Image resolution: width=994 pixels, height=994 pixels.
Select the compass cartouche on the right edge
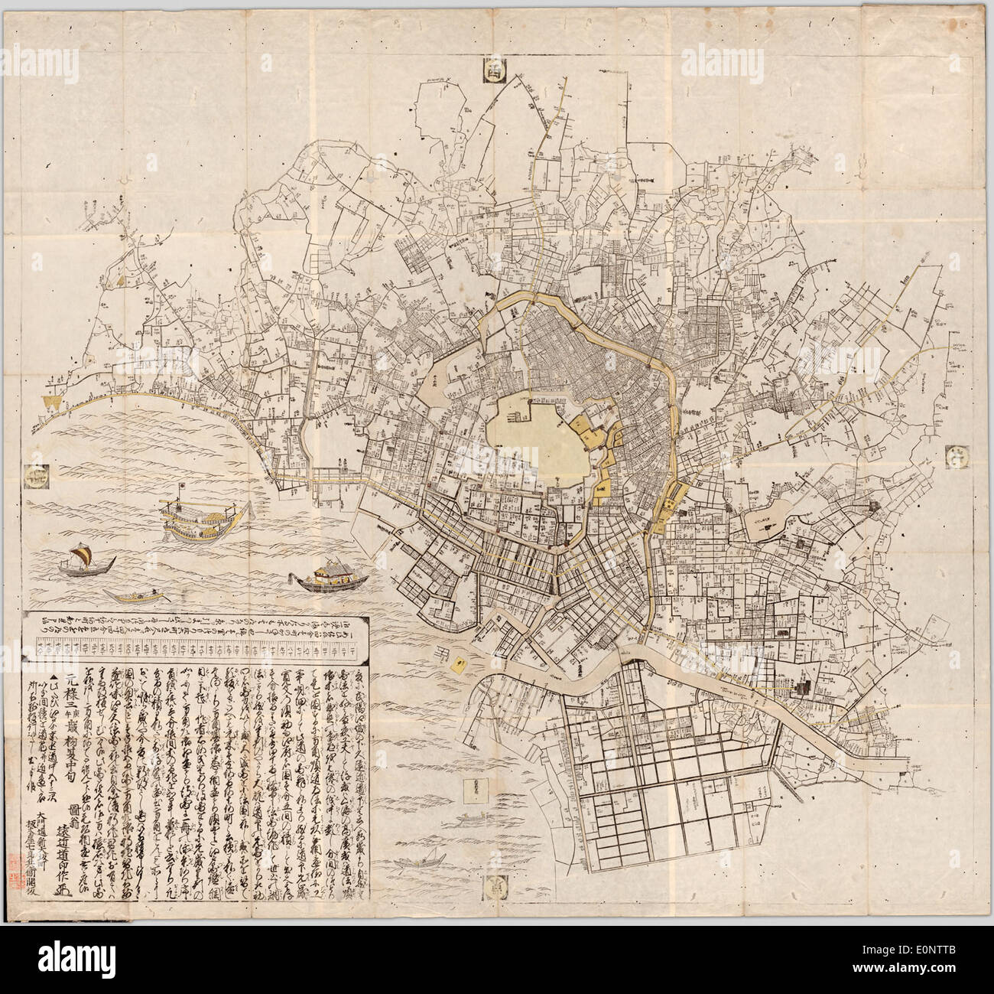pyautogui.click(x=957, y=457)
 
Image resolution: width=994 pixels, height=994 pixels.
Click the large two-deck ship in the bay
pyautogui.click(x=200, y=522)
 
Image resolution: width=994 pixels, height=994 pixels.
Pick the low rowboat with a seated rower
pyautogui.click(x=134, y=595)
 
